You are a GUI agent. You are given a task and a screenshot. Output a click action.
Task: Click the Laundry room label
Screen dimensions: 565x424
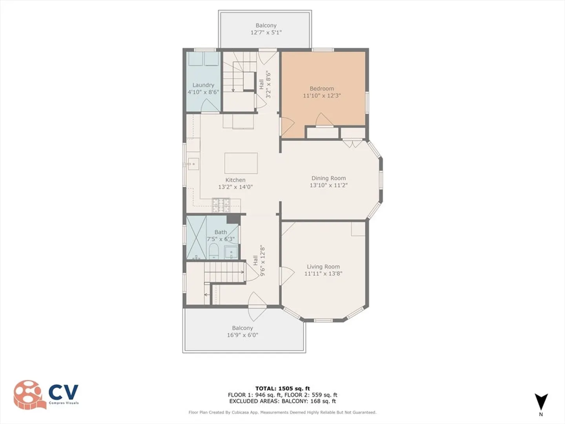tap(203, 85)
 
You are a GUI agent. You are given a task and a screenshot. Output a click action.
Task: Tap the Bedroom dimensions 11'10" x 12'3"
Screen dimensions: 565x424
tap(322, 96)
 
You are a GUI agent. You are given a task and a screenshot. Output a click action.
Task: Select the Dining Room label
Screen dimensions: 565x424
tap(328, 178)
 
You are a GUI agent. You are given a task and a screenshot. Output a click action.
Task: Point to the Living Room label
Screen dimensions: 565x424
tap(323, 267)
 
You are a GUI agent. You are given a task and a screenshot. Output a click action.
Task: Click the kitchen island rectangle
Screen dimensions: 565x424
tap(241, 163)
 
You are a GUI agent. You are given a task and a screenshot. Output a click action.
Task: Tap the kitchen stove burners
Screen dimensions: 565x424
tap(221, 205)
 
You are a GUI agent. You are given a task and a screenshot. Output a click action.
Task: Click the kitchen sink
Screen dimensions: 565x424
tap(193, 164)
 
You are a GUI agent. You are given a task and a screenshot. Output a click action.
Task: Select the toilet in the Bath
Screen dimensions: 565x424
tap(213, 251)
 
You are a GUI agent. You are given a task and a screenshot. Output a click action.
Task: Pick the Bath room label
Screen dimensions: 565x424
tap(221, 232)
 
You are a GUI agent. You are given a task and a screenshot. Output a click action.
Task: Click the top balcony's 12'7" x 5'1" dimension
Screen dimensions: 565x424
tap(266, 33)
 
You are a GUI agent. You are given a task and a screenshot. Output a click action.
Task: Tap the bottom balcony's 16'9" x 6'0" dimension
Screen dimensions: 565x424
tap(242, 335)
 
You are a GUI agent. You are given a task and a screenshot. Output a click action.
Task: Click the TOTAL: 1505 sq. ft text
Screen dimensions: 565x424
tap(282, 389)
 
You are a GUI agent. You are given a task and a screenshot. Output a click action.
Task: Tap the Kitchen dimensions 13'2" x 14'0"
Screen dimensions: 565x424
tap(235, 187)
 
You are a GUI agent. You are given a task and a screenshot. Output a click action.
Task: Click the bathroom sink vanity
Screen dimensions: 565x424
tap(231, 252)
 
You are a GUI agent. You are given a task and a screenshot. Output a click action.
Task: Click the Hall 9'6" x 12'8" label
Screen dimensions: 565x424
tap(259, 260)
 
